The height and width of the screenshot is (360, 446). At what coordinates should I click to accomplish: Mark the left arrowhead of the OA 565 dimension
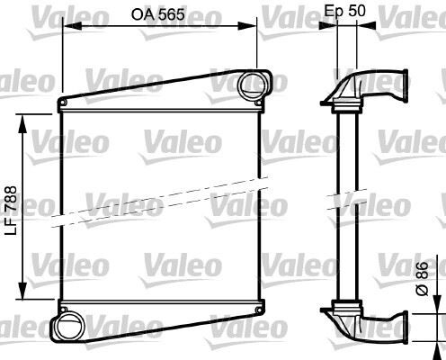(66, 27)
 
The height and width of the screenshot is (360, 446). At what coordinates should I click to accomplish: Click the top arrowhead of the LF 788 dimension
(22, 116)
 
